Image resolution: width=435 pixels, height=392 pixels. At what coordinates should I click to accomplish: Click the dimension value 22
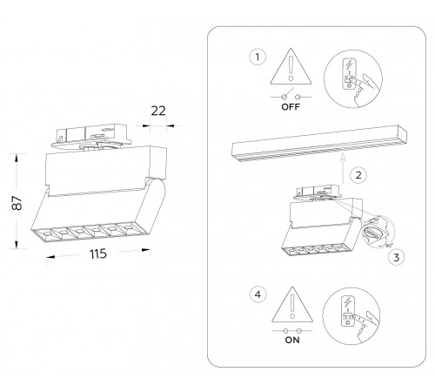158,111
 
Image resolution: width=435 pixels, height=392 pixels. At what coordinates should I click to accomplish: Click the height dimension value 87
17,203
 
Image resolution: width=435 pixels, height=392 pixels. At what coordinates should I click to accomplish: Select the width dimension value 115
98,253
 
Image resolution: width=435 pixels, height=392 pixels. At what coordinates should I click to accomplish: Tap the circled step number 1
258,57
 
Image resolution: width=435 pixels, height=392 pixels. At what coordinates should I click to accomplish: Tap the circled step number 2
358,175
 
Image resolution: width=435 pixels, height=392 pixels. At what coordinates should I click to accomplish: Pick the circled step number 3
397,257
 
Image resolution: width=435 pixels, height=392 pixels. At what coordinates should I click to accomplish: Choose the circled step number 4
258,294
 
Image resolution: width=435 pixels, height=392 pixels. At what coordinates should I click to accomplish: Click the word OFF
291,107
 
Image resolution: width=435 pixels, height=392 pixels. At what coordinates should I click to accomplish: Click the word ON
292,340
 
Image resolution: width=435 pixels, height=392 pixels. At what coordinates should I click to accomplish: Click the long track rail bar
319,144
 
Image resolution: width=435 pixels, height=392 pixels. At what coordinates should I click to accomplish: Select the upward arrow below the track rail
343,168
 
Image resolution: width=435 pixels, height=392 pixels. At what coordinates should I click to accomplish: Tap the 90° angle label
388,246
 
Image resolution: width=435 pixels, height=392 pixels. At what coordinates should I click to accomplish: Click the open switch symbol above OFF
291,96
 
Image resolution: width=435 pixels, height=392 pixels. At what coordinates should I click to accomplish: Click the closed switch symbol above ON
292,330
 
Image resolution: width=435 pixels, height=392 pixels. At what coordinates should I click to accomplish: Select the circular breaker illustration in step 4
351,316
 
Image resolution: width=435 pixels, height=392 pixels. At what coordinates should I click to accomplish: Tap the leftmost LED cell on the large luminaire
46,233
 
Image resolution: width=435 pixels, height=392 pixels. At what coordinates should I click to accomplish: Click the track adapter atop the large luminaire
91,136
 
